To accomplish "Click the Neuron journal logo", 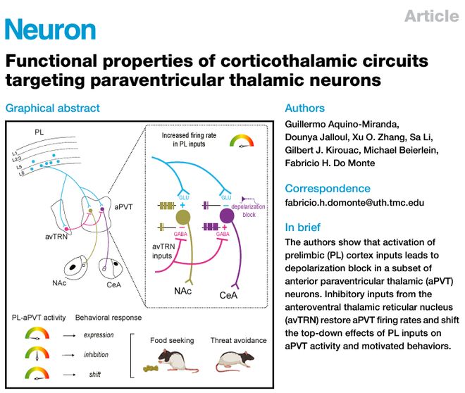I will (50, 30).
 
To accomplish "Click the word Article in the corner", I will (430, 16).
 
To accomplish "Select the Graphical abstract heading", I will (53, 108).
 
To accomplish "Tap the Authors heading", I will (304, 108).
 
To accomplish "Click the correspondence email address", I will (354, 202).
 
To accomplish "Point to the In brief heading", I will (303, 227).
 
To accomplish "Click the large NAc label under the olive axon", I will (184, 290).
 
